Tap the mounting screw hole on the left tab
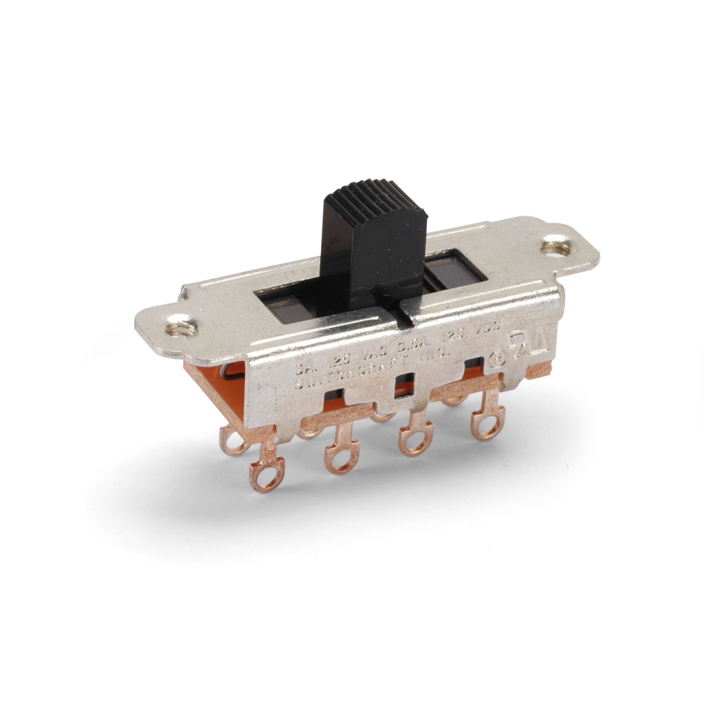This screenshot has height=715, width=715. pos(178,329)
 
